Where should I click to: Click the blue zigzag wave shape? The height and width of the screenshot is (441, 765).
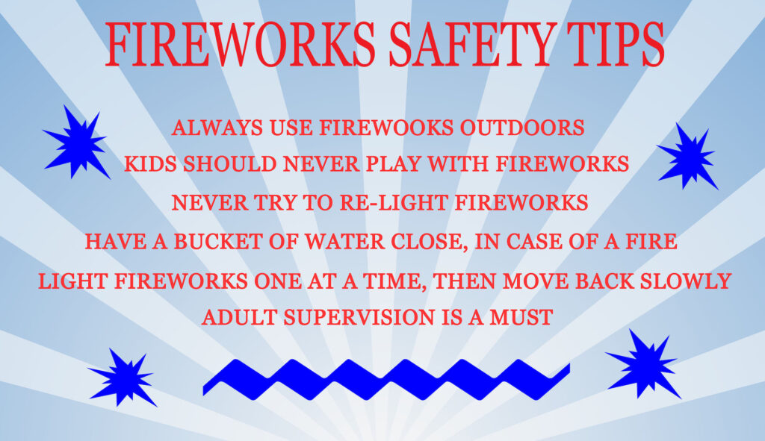click(x=385, y=378)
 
